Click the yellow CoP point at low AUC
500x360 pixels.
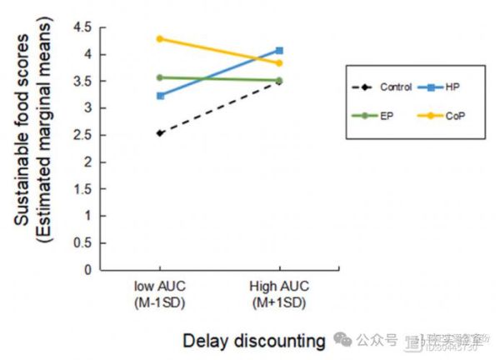pos(160,38)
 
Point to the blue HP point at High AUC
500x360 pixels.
pos(279,50)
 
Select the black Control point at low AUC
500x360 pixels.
pos(160,133)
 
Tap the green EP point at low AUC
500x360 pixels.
pos(160,77)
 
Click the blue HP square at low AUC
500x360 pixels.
pos(160,96)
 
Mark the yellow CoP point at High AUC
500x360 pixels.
pos(279,63)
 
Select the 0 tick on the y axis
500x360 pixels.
pos(87,269)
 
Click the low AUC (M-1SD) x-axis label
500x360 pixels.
pos(160,293)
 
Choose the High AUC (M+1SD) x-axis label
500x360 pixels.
pos(279,293)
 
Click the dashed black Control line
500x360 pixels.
pos(219,107)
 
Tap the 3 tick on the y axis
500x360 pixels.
pos(87,108)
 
